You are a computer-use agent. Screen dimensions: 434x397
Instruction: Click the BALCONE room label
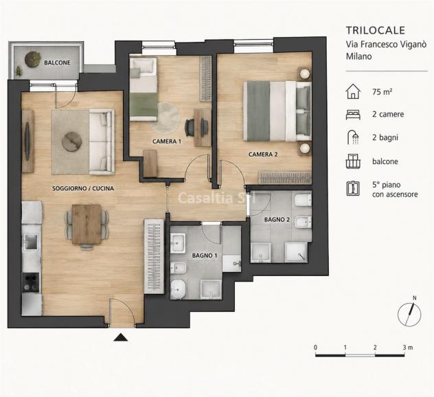[x=57, y=63]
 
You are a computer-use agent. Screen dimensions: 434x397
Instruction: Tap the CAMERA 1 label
[x=167, y=141]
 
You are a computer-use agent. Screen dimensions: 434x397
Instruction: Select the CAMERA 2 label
[x=263, y=155]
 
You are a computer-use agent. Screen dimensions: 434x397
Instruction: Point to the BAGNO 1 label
[x=205, y=256]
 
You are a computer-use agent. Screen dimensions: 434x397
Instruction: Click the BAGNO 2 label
[x=277, y=220]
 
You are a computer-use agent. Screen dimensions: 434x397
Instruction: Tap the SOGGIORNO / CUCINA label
[x=83, y=188]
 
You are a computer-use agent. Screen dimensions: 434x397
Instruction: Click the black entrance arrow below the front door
[x=120, y=337]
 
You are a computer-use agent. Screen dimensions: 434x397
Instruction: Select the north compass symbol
[x=410, y=313]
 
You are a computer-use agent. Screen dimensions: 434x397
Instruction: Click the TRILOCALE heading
[x=376, y=30]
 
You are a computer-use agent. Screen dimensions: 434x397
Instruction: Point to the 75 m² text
[x=382, y=91]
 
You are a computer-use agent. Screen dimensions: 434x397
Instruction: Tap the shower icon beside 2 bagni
[x=353, y=137]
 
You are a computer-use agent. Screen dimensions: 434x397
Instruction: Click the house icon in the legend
[x=353, y=91]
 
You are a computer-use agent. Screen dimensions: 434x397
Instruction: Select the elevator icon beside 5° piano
[x=353, y=188]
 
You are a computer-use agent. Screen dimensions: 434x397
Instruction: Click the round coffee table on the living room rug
[x=71, y=141]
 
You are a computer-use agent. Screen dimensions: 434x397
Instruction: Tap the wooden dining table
[x=87, y=225]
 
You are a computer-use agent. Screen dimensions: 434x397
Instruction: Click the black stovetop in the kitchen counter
[x=31, y=282]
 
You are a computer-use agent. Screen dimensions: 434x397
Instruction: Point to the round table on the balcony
[x=33, y=59]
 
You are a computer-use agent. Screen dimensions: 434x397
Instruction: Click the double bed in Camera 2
[x=277, y=111]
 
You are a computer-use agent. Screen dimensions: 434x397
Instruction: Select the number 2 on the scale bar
[x=375, y=348]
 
